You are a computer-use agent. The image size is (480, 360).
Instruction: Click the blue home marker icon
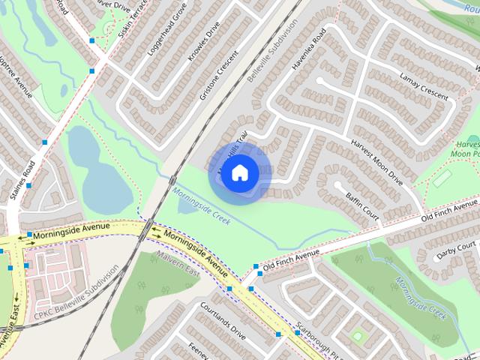coord(239,173)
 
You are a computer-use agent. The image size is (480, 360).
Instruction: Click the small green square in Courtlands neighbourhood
coord(357,334)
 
